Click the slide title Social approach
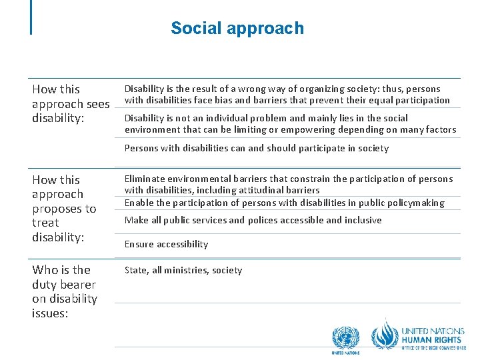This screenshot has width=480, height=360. (237, 28)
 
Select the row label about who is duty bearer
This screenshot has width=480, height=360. (65, 291)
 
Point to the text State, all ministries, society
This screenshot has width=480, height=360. (183, 270)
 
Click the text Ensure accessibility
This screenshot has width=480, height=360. (166, 244)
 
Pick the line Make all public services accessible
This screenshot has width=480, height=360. (253, 220)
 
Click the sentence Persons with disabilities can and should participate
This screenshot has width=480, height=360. (257, 148)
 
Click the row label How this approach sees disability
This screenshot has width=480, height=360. (70, 103)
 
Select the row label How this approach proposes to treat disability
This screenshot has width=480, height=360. (65, 208)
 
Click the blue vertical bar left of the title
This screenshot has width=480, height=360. (31, 17)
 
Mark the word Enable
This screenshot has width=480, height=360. (139, 203)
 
